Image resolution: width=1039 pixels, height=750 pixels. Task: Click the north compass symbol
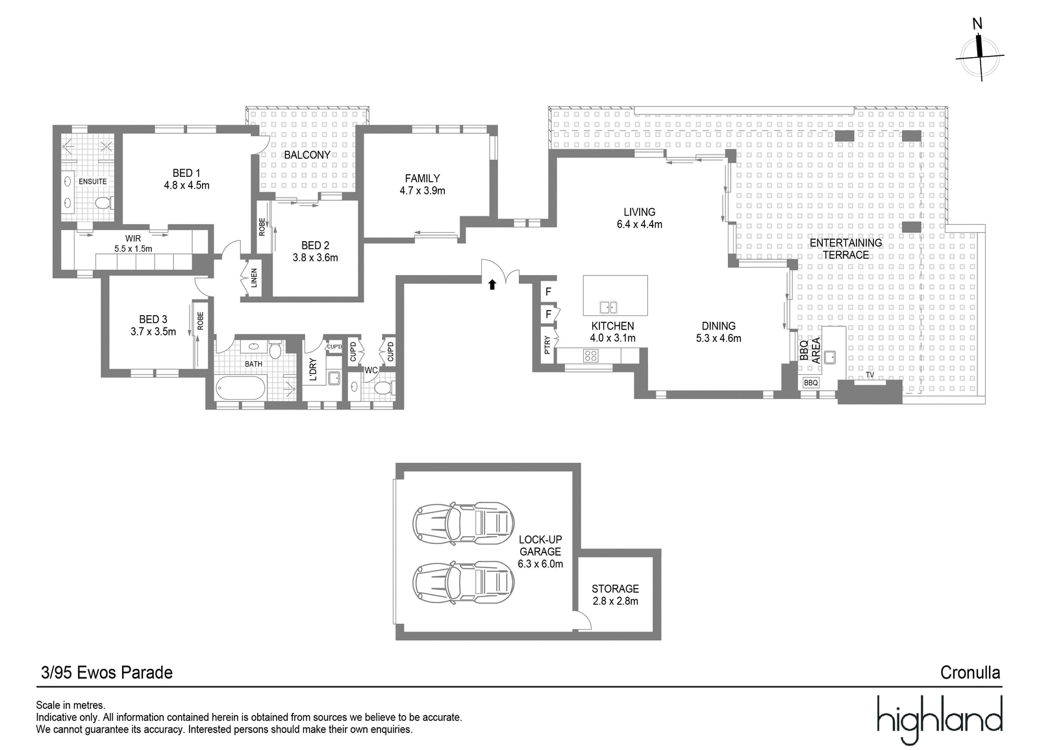pos(979,56)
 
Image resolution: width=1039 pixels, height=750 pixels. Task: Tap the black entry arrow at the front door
pos(492,284)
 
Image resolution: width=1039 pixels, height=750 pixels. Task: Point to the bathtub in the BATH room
pos(241,387)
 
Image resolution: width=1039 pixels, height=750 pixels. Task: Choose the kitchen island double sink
pos(608,307)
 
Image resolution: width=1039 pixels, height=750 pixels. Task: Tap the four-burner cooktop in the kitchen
pos(590,356)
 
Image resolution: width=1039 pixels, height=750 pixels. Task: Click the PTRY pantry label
pos(547,345)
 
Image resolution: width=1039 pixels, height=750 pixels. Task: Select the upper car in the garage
pos(464,523)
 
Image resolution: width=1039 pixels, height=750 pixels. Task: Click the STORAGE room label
pos(615,589)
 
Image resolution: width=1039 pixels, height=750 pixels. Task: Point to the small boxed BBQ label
pos(811,383)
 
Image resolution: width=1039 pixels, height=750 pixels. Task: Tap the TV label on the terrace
pos(870,375)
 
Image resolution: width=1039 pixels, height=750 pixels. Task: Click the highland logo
pos(940,720)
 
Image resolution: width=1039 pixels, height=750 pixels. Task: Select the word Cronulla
pos(970,673)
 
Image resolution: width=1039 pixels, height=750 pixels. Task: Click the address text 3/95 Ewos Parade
pos(106,673)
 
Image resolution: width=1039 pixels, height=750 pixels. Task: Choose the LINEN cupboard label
pos(254,278)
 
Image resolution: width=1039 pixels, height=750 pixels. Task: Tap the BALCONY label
pos(307,155)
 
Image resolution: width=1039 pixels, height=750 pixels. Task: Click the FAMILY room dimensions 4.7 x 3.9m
pos(422,190)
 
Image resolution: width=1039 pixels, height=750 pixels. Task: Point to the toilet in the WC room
pos(384,387)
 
